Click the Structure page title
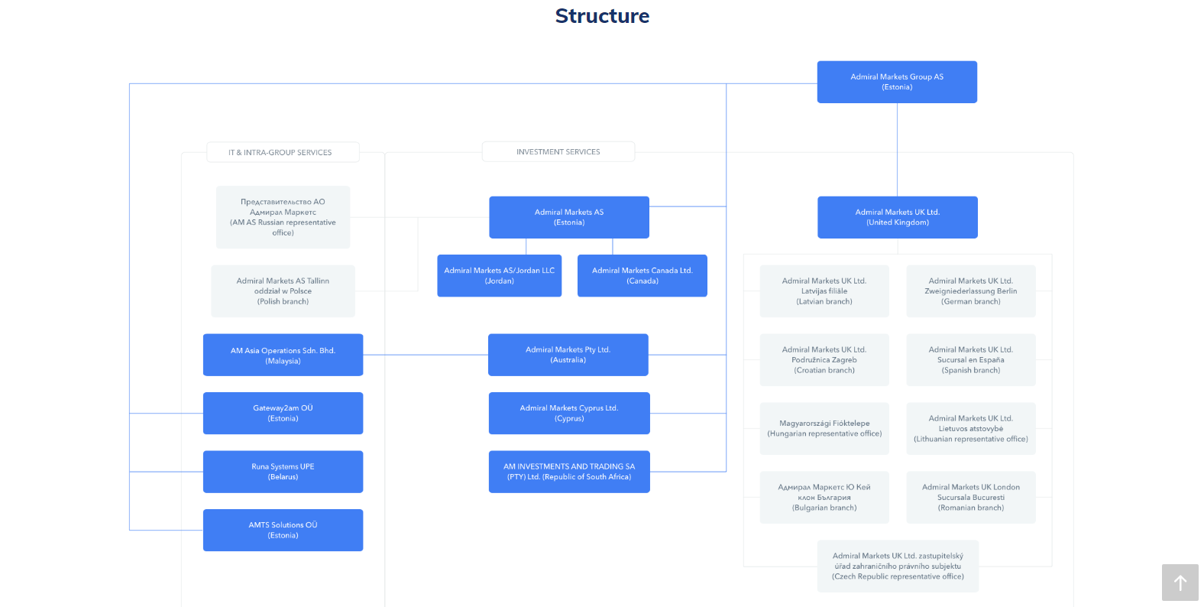click(x=602, y=16)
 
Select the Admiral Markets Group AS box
click(x=897, y=82)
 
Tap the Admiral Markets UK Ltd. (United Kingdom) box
click(x=897, y=217)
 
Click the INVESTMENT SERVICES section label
click(x=558, y=152)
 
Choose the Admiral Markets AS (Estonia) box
click(x=568, y=217)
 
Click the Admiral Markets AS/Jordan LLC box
click(x=499, y=275)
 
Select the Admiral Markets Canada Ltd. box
click(x=642, y=275)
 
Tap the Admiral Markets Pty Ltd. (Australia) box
click(x=568, y=355)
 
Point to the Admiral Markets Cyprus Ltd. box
click(x=568, y=413)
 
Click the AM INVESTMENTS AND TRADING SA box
click(x=568, y=472)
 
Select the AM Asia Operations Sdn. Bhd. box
click(x=283, y=355)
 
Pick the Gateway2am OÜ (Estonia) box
click(x=283, y=413)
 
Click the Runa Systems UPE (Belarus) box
click(x=283, y=472)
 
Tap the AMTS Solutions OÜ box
click(x=283, y=530)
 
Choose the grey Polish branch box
click(x=283, y=291)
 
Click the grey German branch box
click(x=970, y=291)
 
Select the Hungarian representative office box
click(x=824, y=428)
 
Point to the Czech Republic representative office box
click(x=897, y=566)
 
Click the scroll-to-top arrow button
click(x=1180, y=583)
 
